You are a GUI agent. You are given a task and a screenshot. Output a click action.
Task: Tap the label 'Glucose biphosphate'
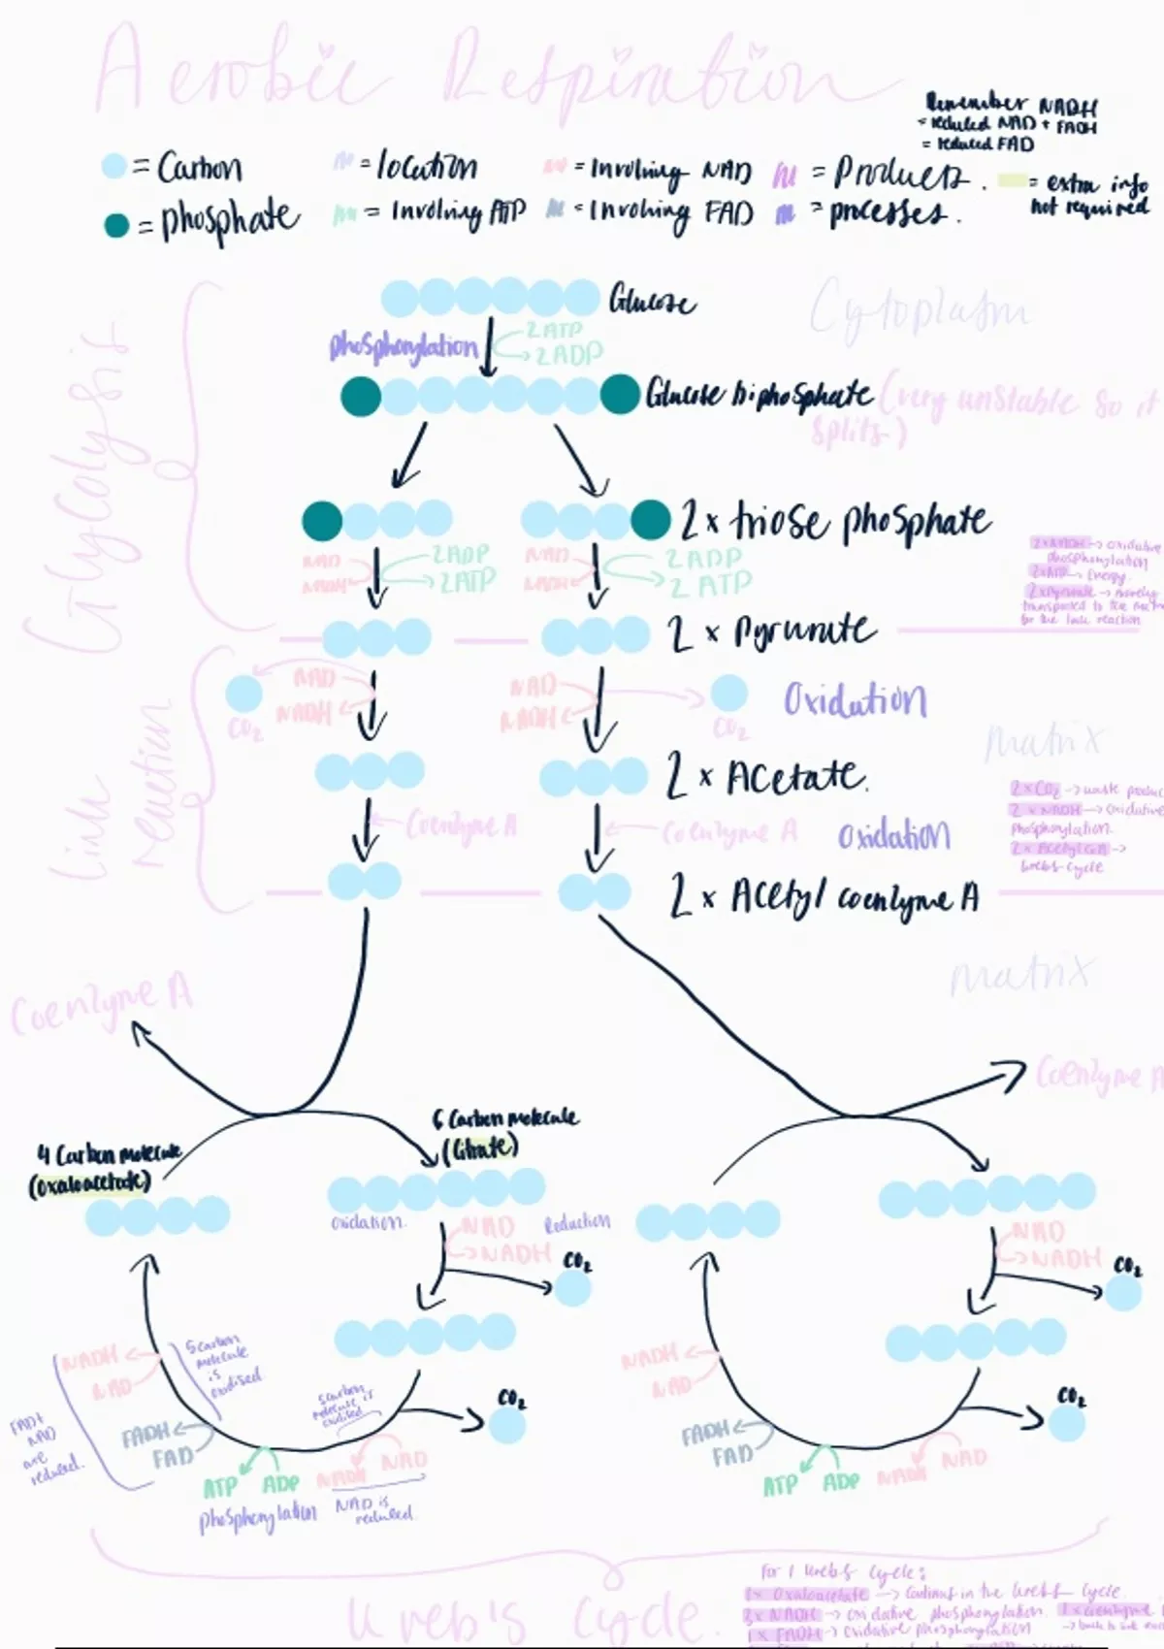(760, 395)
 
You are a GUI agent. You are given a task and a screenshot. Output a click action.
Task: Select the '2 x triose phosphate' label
(834, 522)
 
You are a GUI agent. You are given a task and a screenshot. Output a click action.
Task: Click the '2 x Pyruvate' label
(772, 632)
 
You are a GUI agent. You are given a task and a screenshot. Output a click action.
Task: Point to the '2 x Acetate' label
(765, 777)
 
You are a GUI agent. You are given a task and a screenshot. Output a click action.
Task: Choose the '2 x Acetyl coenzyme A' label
(824, 897)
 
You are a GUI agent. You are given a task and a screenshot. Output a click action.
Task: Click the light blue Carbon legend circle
(114, 167)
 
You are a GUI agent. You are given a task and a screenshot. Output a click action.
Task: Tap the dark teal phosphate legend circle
(116, 226)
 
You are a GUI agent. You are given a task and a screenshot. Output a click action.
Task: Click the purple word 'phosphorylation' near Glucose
(404, 346)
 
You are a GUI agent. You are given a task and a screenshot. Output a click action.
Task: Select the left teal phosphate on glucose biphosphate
(361, 397)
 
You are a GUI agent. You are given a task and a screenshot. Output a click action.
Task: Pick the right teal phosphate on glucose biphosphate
(620, 395)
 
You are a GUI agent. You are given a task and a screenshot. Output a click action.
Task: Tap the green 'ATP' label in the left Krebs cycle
(220, 1487)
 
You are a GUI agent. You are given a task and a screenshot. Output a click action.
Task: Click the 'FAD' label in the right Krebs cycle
(731, 1456)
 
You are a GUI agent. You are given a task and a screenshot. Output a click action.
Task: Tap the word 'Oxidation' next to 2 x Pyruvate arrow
(855, 699)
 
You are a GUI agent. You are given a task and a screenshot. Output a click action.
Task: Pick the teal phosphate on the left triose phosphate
(322, 521)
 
